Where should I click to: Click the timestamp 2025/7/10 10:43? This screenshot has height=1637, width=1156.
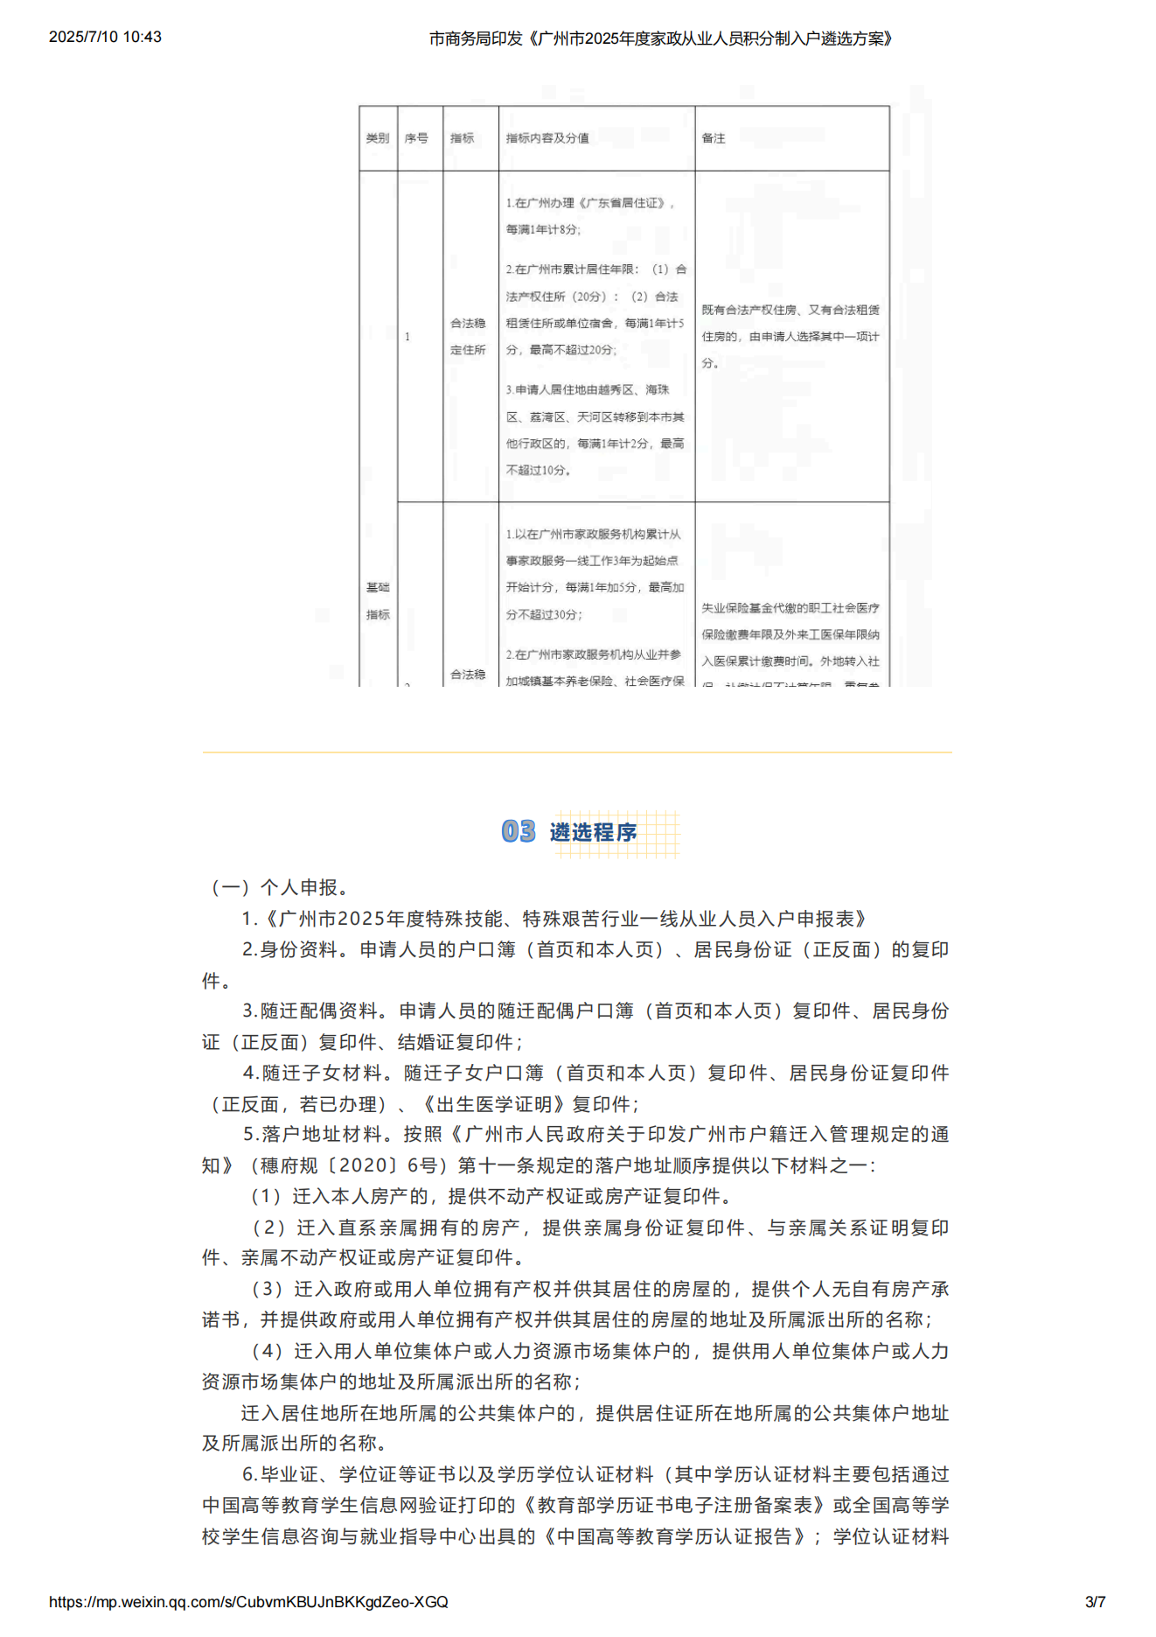click(x=105, y=37)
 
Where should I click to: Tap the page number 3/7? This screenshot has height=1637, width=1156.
click(x=1095, y=1602)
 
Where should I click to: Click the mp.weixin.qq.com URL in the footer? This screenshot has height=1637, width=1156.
click(x=248, y=1602)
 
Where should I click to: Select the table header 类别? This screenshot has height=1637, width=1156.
click(x=378, y=138)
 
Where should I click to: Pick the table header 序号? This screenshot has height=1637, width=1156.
click(x=416, y=138)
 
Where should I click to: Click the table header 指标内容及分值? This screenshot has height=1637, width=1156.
click(x=547, y=138)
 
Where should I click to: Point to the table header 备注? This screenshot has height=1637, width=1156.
click(x=714, y=138)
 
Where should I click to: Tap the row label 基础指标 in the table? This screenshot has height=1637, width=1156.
click(x=378, y=600)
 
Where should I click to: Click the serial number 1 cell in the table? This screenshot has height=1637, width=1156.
click(x=407, y=337)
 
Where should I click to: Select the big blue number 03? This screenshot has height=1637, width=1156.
click(x=519, y=831)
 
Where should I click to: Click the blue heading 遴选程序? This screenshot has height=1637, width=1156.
click(x=594, y=832)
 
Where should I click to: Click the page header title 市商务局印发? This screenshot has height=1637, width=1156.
click(x=475, y=38)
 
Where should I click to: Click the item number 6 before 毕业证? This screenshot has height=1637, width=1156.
click(x=248, y=1474)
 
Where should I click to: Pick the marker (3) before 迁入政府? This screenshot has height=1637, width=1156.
click(x=268, y=1289)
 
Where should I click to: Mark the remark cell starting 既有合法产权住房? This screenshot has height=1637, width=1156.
click(x=790, y=336)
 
